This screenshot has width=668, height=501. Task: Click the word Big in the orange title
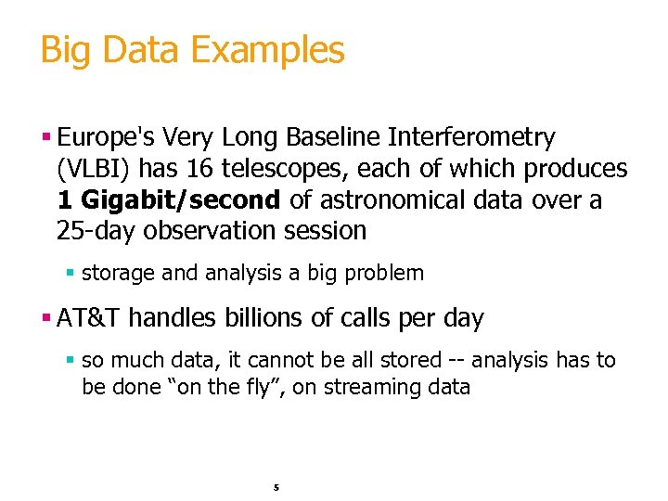point(65,50)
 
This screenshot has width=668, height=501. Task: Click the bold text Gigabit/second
point(181,199)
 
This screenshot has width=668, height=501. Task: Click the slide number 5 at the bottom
point(276,487)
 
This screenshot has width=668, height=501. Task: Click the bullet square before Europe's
point(46,139)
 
